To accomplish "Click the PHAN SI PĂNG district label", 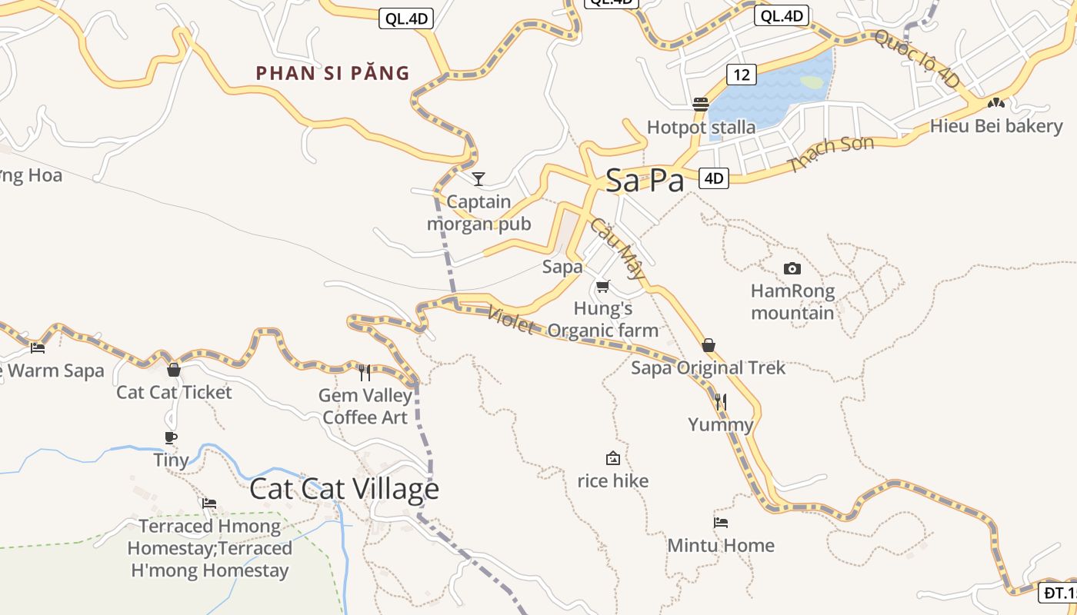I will pos(332,74).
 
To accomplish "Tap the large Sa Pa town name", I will pos(645,181).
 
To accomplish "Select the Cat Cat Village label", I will pos(344,489).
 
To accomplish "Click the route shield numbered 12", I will pos(741,75).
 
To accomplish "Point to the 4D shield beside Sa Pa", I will pos(714,178).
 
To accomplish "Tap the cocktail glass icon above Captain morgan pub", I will pos(478,179).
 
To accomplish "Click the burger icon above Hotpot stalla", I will pos(700,104).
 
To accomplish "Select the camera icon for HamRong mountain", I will pos(792,268).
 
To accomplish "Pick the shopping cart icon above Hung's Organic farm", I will pos(602,286).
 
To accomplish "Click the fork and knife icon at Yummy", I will pos(720,401).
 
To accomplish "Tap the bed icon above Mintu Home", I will pos(720,523).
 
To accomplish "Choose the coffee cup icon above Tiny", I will pos(171,437).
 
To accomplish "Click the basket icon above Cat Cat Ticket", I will pos(173,370).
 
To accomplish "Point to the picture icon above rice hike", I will pos(613,458).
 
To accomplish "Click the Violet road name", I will pos(511,319).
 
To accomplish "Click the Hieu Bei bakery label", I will pos(995,126).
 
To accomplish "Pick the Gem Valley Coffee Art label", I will pos(365,407).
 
